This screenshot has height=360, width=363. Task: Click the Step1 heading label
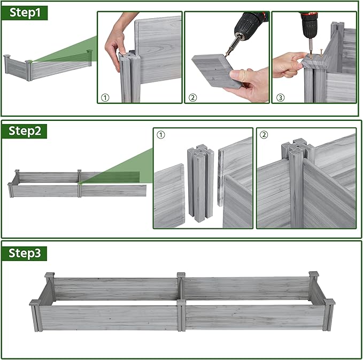tap(25, 13)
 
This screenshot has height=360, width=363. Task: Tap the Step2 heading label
tap(24, 132)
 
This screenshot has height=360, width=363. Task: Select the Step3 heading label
tap(24, 254)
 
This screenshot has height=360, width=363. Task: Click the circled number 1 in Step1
tap(105, 98)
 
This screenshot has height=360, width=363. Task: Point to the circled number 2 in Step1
tap(192, 98)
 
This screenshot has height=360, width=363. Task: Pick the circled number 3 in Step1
tap(280, 98)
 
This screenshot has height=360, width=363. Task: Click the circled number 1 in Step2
tap(161, 135)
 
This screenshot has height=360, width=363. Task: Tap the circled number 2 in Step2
tap(264, 135)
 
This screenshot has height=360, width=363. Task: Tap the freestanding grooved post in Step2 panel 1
tap(200, 182)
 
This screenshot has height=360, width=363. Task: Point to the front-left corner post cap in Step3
tap(35, 303)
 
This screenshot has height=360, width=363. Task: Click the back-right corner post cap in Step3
tap(314, 274)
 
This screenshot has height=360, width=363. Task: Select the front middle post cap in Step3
tap(181, 303)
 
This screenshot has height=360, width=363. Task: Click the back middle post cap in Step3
tap(181, 275)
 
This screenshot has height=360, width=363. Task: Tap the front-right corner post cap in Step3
tap(329, 302)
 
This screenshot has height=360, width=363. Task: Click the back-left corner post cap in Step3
tap(49, 275)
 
